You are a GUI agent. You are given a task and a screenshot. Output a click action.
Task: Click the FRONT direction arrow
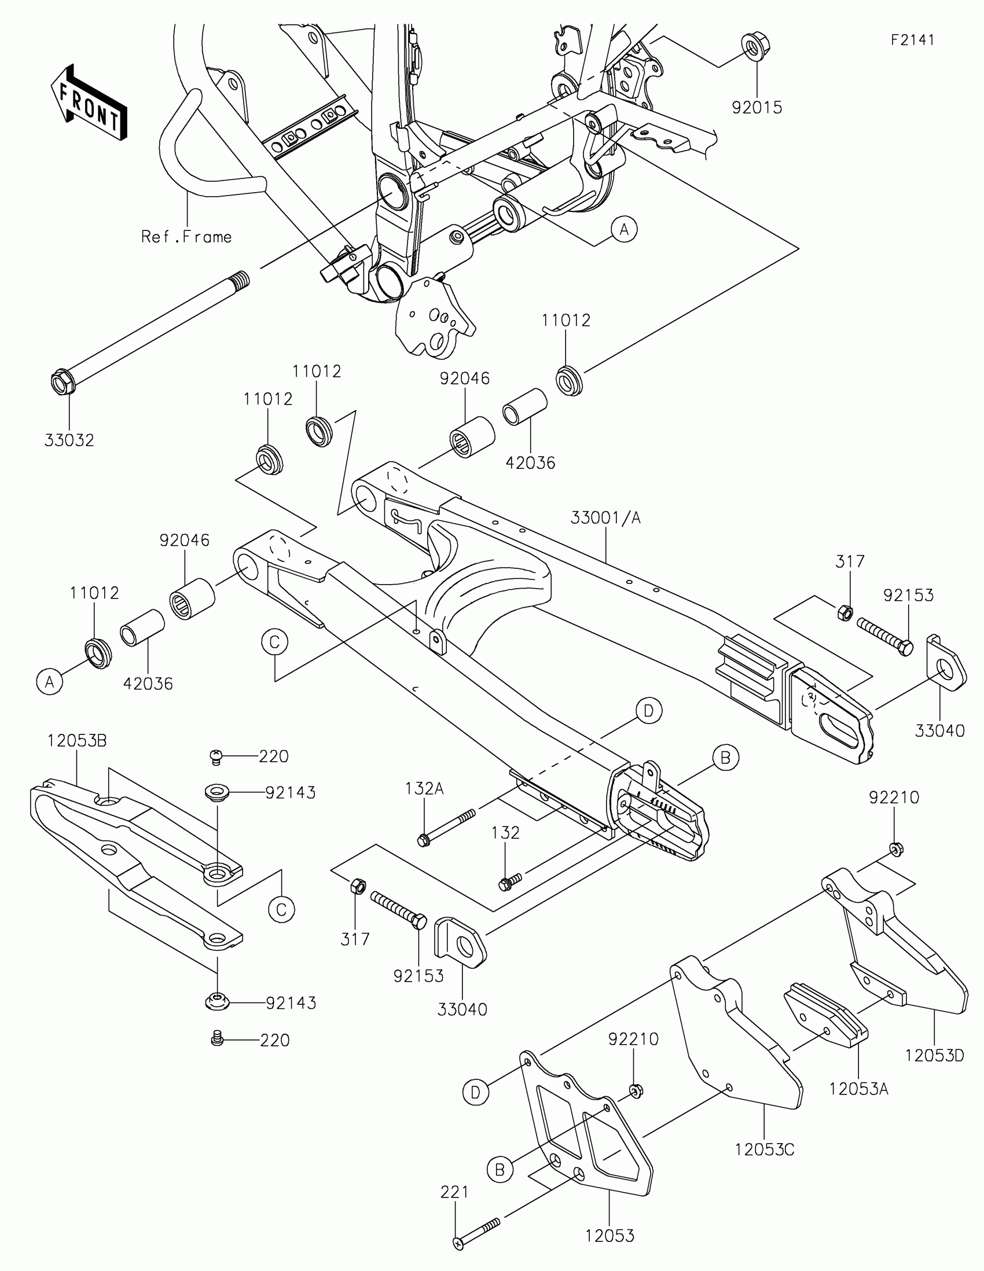click(89, 102)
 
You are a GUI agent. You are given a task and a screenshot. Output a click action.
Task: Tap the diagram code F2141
click(912, 39)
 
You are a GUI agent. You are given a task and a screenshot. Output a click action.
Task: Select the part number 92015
click(757, 108)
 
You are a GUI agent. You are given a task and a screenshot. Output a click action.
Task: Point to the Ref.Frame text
click(186, 237)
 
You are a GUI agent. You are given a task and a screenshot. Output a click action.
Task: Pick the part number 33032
click(69, 440)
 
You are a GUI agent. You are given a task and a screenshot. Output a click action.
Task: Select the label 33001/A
click(605, 517)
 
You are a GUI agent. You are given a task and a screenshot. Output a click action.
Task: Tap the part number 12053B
click(77, 741)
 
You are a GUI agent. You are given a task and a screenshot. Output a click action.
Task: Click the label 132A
click(424, 788)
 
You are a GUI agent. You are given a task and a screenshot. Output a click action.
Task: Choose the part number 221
click(454, 1192)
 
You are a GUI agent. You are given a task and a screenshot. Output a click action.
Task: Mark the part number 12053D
click(935, 1055)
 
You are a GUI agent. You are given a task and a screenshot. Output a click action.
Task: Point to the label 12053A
click(859, 1088)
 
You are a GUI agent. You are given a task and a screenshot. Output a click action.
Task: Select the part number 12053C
click(764, 1150)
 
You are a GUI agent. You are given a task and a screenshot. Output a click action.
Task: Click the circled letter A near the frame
click(624, 229)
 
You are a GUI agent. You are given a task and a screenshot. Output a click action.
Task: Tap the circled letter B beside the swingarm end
click(725, 758)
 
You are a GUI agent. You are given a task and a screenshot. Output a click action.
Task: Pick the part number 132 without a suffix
click(505, 833)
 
